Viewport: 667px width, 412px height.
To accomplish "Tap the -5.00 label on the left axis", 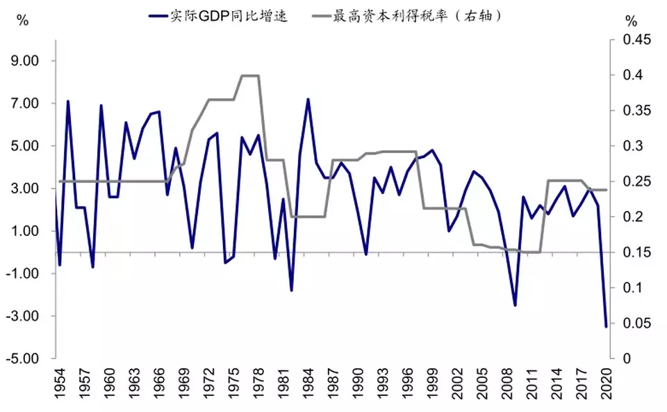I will (24, 359).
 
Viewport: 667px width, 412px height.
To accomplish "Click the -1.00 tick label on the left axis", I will (24, 274).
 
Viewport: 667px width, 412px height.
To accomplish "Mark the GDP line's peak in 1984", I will (308, 99).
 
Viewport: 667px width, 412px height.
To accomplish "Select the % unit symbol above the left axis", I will (23, 20).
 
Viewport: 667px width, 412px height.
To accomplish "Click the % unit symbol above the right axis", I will (630, 20).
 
